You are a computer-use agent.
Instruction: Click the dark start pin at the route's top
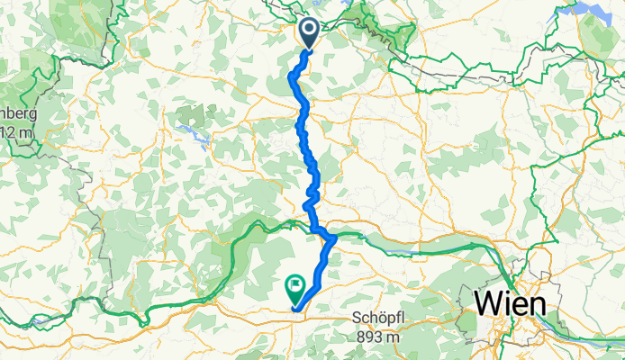pyautogui.click(x=309, y=32)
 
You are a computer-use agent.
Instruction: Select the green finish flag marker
pyautogui.click(x=295, y=289)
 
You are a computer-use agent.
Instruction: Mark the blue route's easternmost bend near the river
pyautogui.click(x=334, y=239)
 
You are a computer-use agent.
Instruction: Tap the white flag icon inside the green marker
pyautogui.click(x=295, y=287)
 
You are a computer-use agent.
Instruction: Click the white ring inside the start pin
pyautogui.click(x=309, y=30)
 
